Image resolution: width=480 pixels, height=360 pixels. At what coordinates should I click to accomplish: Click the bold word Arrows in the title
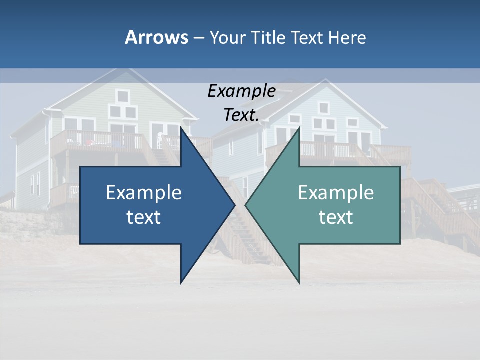click(156, 37)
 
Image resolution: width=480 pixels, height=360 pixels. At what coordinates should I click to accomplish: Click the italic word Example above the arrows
click(241, 91)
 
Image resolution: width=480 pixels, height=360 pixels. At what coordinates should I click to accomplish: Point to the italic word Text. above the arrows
click(241, 115)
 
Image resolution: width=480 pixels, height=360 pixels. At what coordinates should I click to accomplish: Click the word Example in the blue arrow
click(144, 192)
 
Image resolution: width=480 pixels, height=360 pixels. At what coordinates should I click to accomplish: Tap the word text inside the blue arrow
click(144, 217)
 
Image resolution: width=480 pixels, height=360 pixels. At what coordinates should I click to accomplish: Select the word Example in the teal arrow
click(336, 192)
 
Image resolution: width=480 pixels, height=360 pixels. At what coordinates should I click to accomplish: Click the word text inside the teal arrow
click(336, 217)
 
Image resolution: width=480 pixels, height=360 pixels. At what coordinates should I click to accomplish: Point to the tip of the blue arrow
click(234, 205)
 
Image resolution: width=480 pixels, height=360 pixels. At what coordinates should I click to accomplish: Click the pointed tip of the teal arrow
click(246, 205)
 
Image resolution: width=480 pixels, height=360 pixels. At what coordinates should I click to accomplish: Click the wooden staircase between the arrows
click(244, 235)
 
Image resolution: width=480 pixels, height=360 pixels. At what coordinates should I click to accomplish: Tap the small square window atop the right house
click(324, 107)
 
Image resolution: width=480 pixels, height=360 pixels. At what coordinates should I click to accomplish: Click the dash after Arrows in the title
click(198, 38)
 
